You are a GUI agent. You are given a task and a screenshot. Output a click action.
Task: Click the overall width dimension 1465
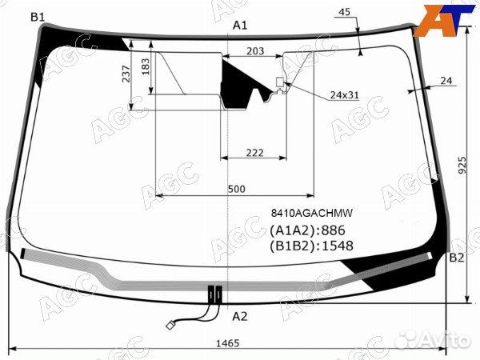tap(227, 343)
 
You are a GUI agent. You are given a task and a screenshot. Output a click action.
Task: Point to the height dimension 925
tap(462, 165)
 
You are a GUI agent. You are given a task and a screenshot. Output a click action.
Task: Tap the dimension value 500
tap(237, 189)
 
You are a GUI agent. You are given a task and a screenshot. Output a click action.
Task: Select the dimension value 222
tap(254, 153)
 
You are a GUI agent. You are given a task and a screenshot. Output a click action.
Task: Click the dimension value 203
tap(255, 51)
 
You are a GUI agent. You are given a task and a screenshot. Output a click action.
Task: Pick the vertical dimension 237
tap(126, 74)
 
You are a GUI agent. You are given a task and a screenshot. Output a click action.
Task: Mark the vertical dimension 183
tap(146, 66)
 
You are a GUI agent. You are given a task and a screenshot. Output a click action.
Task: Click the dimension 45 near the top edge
tap(344, 12)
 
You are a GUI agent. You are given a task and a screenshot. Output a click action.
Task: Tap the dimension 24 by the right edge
tap(446, 81)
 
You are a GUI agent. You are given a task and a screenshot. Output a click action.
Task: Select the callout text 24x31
tap(344, 95)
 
